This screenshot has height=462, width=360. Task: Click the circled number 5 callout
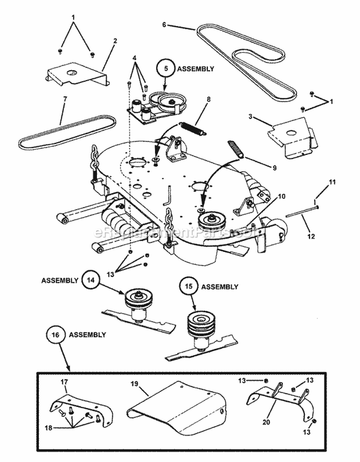pos(166,69)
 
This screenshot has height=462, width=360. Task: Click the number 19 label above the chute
pos(134,384)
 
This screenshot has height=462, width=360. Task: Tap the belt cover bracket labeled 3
pos(294,137)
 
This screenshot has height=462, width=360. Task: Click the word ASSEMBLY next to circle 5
pos(196,69)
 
